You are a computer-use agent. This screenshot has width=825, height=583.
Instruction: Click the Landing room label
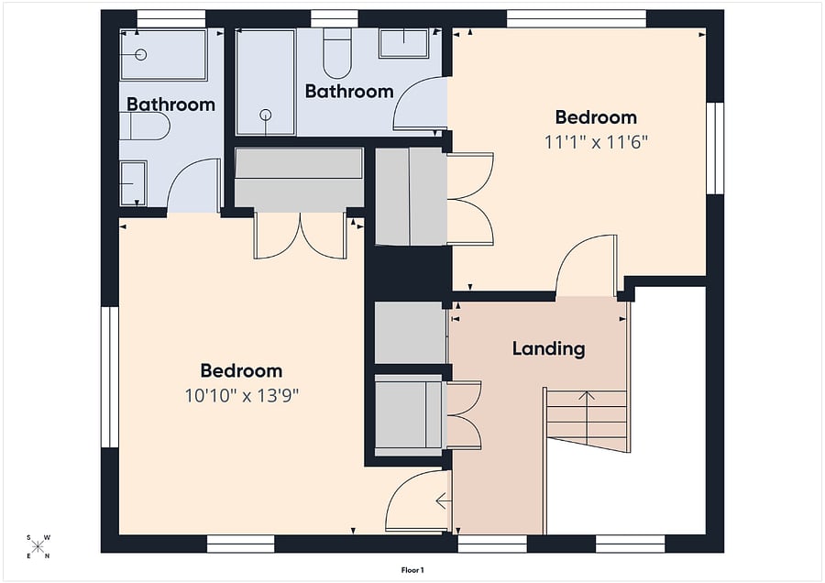pos(548,349)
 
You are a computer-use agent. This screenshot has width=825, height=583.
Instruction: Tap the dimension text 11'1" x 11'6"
pos(596,142)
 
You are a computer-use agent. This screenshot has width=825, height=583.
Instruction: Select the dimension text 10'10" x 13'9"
pos(241,396)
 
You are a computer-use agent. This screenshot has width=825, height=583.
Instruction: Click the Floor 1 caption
pos(412,570)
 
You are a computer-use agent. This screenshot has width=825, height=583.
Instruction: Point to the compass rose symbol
pos(38,546)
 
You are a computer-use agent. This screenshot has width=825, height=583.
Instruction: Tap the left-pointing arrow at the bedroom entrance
pos(442,501)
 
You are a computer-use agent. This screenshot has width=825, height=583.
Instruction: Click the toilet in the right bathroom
pos(337,53)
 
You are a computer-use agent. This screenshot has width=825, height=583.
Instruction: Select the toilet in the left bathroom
pos(145,126)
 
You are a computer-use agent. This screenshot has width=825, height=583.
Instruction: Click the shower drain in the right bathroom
pos(266,115)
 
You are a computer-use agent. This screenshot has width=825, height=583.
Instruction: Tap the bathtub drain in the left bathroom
pos(140,54)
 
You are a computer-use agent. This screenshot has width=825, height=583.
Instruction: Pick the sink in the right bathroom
pos(403,43)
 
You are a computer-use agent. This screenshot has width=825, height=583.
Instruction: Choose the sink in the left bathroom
pos(133,183)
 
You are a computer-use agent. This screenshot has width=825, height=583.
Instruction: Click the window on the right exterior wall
pos(715,148)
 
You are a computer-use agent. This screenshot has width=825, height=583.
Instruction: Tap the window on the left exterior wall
pos(110,377)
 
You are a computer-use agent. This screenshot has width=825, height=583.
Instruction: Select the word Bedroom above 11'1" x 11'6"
pos(596,116)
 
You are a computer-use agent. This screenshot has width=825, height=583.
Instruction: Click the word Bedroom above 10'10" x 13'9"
pos(241,370)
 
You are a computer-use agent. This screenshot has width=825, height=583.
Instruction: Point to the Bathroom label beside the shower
pos(349,91)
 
